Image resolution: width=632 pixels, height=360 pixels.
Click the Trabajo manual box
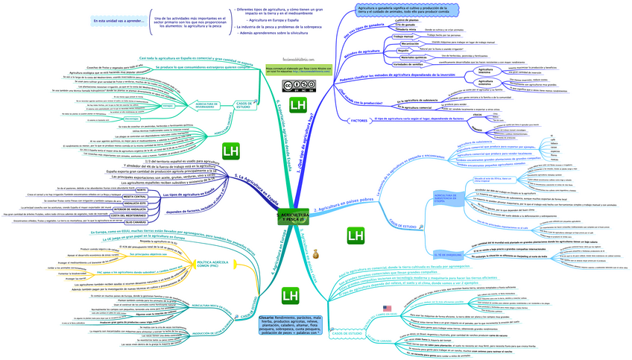pos(403,36)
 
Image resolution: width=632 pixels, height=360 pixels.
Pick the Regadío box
pos(403,50)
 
